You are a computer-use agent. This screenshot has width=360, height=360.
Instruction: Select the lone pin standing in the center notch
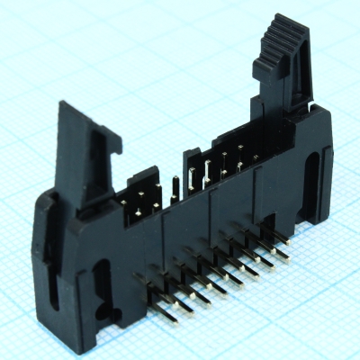coord(176,184)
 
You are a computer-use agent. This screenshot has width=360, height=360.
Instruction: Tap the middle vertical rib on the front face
coord(211,225)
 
